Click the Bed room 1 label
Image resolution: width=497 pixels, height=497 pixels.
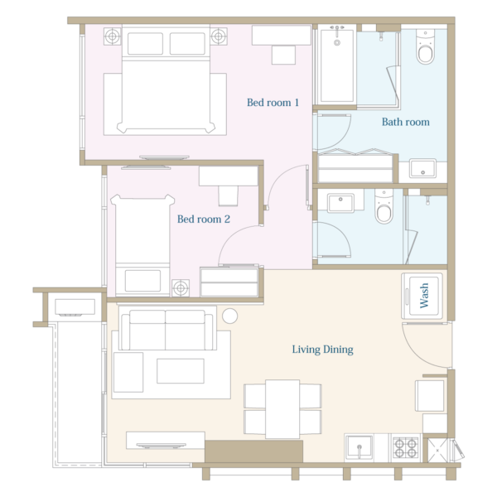tap(273, 103)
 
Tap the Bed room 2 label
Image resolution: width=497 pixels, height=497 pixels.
tap(204, 219)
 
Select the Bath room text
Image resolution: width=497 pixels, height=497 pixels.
tap(405, 122)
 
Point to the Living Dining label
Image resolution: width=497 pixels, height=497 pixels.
tap(322, 350)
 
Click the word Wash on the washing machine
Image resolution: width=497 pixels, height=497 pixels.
tap(424, 296)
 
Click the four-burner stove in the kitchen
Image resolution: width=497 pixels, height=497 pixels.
tap(405, 447)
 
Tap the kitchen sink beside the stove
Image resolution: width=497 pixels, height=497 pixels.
tap(359, 447)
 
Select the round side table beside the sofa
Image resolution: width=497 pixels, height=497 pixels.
tap(229, 316)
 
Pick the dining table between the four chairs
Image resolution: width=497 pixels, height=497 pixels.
tap(282, 409)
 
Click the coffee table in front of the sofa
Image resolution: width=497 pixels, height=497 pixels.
tap(181, 371)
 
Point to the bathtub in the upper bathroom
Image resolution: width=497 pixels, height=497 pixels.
tap(337, 65)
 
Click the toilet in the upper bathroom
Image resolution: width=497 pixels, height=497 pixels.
tap(425, 47)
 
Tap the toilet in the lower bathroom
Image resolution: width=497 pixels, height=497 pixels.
tap(384, 206)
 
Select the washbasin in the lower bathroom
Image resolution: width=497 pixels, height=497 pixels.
tap(340, 203)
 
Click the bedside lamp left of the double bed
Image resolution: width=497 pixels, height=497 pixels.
tap(112, 36)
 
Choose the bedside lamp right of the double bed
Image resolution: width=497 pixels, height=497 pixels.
tap(219, 36)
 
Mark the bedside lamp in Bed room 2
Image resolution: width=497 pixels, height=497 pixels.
tap(181, 287)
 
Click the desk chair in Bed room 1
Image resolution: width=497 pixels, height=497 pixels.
tap(283, 55)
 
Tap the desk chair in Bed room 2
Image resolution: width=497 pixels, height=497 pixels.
tap(229, 196)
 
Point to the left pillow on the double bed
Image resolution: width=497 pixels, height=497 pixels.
tap(146, 43)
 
